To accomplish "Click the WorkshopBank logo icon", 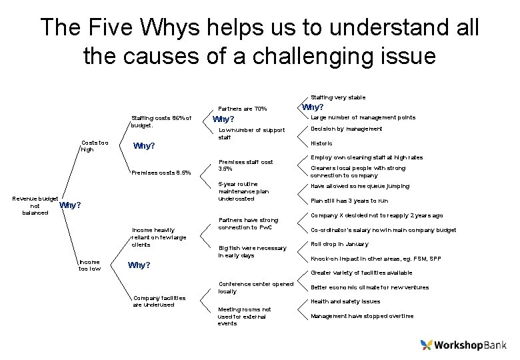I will click(427, 345).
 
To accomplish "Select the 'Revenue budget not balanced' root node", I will click(35, 205).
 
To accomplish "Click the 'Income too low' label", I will click(90, 265).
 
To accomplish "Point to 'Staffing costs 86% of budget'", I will click(161, 121).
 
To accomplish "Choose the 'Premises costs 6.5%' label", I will click(161, 173).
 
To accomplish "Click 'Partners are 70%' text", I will click(243, 109).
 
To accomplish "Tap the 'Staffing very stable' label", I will click(338, 97).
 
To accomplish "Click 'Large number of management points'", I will click(363, 117).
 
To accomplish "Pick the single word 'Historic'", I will click(321, 143).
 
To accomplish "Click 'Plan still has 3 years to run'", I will click(349, 201).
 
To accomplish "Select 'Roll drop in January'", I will click(340, 243).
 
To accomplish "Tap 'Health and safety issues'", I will click(345, 301).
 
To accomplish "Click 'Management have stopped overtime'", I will click(362, 316).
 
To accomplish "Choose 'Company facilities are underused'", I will click(159, 301).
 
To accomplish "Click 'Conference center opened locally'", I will click(255, 287).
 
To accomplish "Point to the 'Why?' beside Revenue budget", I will click(70, 205).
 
